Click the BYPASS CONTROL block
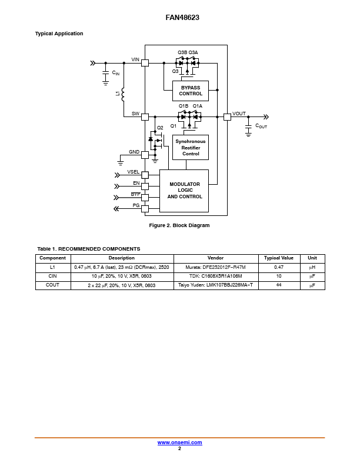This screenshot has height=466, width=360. click(191, 91)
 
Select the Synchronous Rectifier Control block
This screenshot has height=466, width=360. click(191, 148)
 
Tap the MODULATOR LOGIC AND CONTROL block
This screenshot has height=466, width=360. click(184, 191)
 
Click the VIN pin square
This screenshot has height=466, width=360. click(145, 63)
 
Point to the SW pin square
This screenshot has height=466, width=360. click(145, 117)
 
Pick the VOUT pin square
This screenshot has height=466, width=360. click(227, 117)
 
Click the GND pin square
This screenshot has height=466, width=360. click(145, 155)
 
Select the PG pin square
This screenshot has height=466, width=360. click(145, 209)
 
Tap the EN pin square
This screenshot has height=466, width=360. click(145, 187)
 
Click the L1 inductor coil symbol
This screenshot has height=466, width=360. click(123, 94)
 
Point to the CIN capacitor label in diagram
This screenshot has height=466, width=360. click(116, 73)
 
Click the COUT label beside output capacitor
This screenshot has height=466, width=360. click(261, 126)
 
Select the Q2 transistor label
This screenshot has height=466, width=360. click(160, 128)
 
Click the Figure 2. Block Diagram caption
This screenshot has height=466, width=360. click(179, 225)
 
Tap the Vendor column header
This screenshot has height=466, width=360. click(216, 258)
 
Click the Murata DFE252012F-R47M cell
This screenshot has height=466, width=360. click(216, 267)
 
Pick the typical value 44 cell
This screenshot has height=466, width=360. click(279, 285)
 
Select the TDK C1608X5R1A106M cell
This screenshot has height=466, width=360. click(216, 276)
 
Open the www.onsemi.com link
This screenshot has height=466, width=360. click(179, 442)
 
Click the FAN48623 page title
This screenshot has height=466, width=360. click(182, 18)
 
